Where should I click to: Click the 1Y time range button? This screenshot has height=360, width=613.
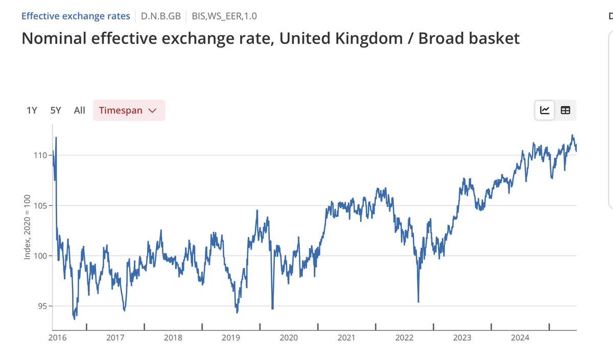(32, 110)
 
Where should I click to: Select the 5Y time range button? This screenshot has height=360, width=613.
(56, 110)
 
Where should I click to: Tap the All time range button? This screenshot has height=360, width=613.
(79, 110)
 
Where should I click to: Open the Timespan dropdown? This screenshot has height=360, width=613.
(129, 110)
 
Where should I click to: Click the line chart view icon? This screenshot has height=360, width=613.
(545, 110)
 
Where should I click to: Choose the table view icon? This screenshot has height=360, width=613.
(565, 110)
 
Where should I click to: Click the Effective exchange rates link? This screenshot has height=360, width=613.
(76, 16)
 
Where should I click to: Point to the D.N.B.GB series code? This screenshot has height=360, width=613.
(160, 16)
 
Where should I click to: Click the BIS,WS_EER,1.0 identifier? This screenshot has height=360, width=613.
(224, 16)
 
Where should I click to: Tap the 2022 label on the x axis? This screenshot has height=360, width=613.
(404, 338)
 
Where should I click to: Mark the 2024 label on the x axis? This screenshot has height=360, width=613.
(520, 338)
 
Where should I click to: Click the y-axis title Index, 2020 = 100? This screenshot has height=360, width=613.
(27, 227)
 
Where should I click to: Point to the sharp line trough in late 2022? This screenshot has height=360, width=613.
(418, 301)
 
